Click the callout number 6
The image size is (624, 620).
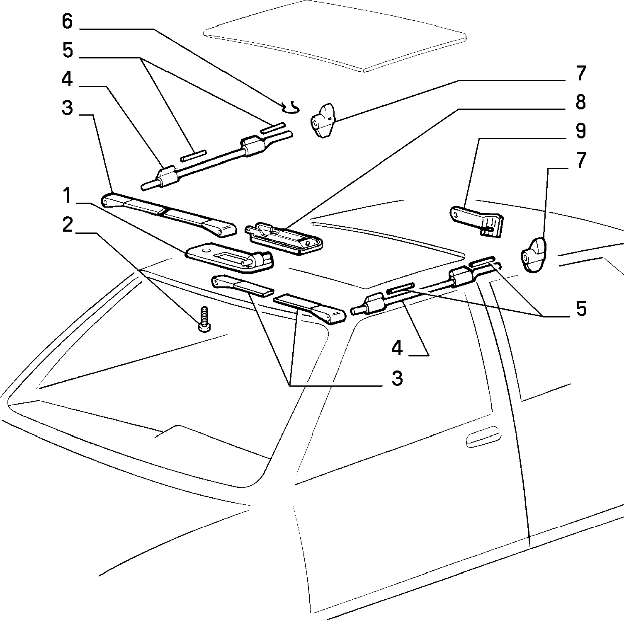[67, 21]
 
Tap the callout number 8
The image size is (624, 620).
[580, 102]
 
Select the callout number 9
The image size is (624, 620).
[580, 131]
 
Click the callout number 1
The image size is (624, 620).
[67, 195]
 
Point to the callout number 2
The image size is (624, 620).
[67, 225]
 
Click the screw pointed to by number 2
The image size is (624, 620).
[204, 319]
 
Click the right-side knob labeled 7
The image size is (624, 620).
[533, 254]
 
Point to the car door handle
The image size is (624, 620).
[483, 436]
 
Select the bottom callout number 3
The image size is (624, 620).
[397, 378]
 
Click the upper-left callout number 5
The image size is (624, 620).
[67, 50]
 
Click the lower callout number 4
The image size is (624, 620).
[397, 347]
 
